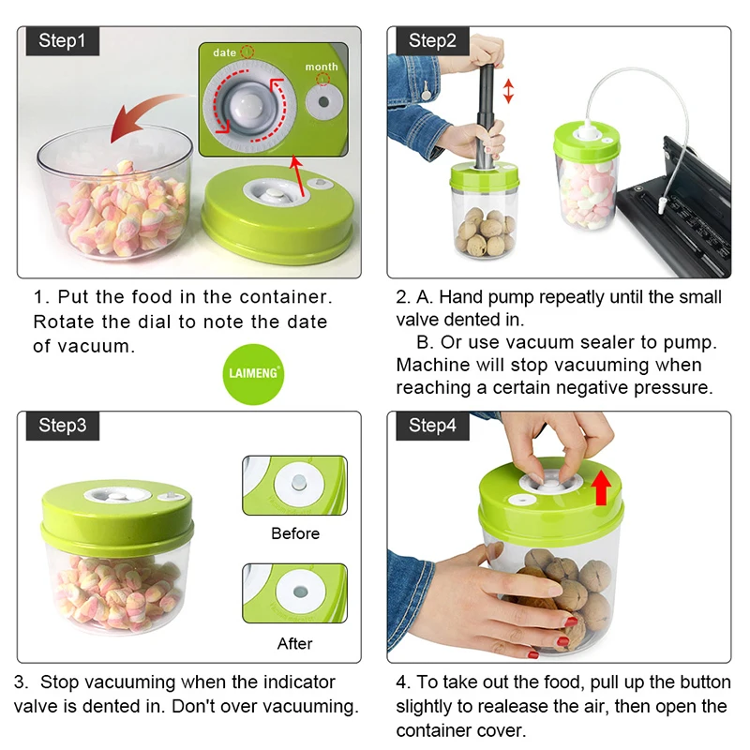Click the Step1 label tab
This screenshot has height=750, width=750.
[x=62, y=40]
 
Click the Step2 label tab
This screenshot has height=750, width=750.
[x=432, y=40]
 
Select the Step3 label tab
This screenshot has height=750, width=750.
[x=62, y=426]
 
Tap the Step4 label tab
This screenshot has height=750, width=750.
[x=432, y=426]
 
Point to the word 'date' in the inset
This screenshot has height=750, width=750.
[x=225, y=53]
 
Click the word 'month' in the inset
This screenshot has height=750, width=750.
[x=322, y=67]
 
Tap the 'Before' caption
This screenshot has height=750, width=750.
[x=295, y=533]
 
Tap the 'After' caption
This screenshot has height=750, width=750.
[x=295, y=644]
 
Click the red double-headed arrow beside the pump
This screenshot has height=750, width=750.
[x=509, y=91]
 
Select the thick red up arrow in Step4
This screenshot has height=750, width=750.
[x=601, y=487]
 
